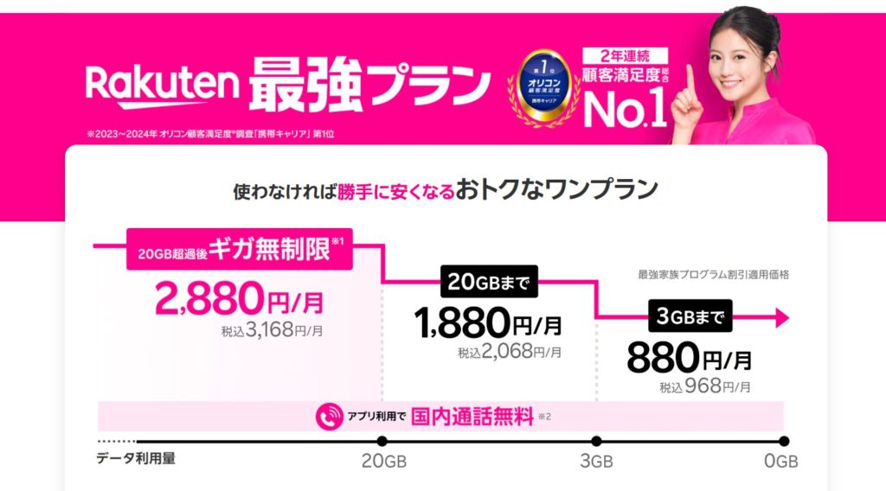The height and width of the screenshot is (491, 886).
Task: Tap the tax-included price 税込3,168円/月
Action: tap(273, 329)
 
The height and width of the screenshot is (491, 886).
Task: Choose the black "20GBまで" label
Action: tap(489, 281)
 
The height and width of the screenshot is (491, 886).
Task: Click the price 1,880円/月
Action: tap(489, 323)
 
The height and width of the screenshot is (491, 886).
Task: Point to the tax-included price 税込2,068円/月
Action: tap(510, 352)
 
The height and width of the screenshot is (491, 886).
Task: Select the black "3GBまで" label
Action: tap(689, 316)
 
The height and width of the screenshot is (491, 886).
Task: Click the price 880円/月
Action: tap(689, 356)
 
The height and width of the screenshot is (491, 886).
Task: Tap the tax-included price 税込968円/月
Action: tap(705, 386)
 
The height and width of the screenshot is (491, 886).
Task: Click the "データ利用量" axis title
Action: tap(136, 458)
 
